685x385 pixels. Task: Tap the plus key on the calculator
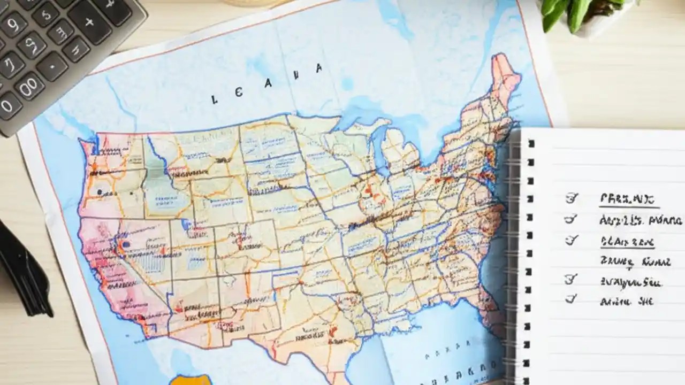tap(89, 22)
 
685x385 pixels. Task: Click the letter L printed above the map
tap(215, 99)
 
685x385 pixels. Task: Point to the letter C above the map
tap(238, 92)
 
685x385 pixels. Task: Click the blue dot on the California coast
tap(126, 244)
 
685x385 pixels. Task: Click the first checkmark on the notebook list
tap(572, 198)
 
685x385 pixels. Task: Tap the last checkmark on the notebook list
tap(571, 299)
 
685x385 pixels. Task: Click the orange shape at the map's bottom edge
tap(189, 380)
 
